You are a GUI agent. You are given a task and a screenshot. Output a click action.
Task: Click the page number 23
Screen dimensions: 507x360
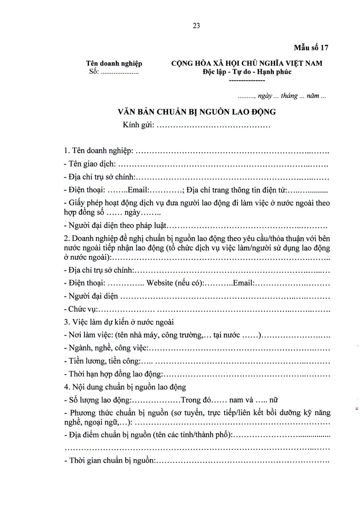(196, 26)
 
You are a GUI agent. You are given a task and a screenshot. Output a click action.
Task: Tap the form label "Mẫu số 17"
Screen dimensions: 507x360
(311, 48)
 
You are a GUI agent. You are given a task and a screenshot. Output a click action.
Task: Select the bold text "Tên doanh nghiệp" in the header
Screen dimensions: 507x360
(114, 64)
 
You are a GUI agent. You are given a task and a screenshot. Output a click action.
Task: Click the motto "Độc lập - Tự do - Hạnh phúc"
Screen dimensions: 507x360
(247, 72)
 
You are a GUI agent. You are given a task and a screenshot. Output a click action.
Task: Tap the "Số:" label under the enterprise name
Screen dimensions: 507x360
(94, 72)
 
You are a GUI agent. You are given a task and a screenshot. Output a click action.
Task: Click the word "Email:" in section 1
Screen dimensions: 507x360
(137, 190)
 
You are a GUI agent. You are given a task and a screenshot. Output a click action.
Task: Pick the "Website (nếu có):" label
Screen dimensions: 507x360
(176, 283)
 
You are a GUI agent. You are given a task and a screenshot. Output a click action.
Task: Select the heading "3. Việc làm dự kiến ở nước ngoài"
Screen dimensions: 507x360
(119, 322)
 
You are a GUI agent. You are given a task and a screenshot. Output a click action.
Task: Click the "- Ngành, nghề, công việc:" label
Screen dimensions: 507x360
(106, 348)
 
